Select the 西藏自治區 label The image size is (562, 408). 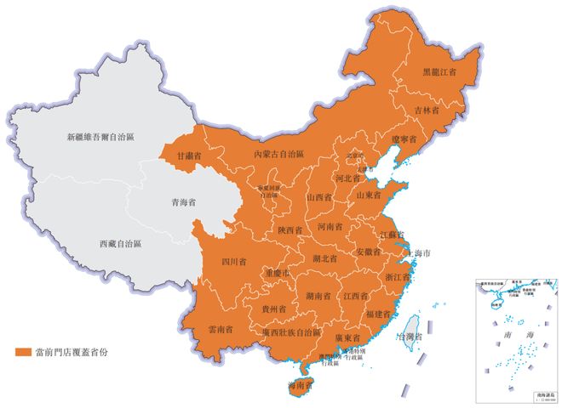120,243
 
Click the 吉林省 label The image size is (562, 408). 427,110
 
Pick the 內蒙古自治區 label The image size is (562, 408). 280,155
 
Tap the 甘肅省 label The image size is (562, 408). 188,156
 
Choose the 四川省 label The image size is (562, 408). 234,261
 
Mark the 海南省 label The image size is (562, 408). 299,386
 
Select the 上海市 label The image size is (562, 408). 423,253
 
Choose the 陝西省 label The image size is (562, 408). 290,230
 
